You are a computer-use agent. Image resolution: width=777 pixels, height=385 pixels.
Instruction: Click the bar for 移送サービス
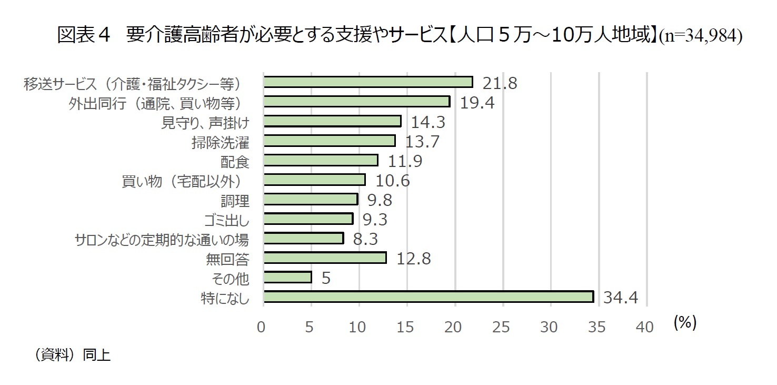[368, 82]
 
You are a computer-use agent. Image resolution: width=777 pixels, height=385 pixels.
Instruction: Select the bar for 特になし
[428, 297]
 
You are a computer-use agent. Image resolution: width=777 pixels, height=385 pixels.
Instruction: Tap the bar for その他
[287, 277]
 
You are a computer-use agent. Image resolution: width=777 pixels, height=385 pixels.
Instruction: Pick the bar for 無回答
[325, 258]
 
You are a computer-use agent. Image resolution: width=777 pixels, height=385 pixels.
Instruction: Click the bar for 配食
[321, 160]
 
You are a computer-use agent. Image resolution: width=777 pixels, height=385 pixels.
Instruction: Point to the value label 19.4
[477, 102]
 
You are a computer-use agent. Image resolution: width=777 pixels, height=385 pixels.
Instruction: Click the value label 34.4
[620, 298]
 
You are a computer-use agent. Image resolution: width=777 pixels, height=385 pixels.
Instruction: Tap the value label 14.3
[427, 122]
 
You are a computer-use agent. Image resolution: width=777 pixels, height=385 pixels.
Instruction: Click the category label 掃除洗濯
[220, 142]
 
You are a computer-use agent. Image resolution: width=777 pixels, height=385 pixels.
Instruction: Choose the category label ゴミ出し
[226, 220]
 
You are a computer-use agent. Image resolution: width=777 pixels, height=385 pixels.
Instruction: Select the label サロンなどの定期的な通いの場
[162, 240]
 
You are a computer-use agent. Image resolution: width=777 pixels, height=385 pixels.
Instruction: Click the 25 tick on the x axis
[502, 327]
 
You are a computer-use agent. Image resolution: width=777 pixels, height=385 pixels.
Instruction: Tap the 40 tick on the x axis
[645, 327]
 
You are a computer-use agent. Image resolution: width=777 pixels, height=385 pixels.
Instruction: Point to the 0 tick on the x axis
[262, 327]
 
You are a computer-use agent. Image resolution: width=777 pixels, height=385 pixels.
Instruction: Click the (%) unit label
[684, 323]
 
